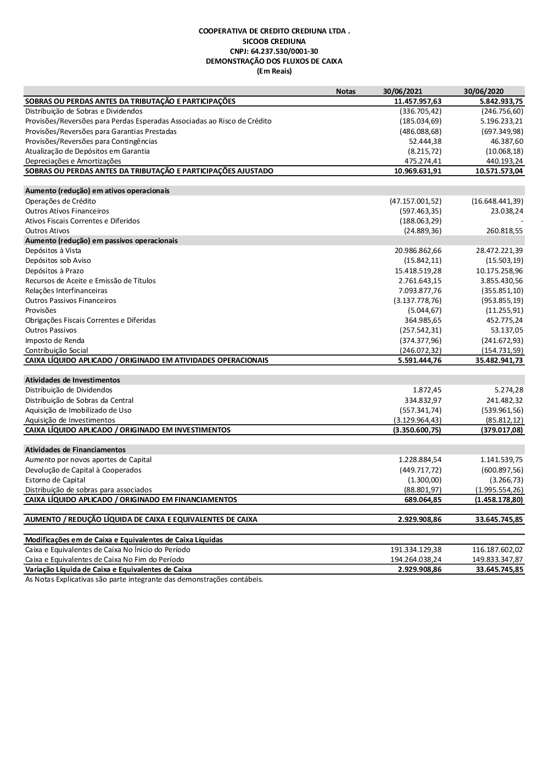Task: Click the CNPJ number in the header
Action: [x=274, y=51]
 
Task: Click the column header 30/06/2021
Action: [x=402, y=91]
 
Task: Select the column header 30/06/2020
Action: [x=483, y=91]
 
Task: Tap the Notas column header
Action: [x=345, y=91]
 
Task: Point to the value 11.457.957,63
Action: [x=418, y=101]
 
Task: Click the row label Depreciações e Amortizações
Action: [x=73, y=161]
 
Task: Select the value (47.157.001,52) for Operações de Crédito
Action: [x=416, y=201]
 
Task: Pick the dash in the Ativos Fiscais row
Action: [x=522, y=221]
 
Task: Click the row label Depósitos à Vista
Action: [x=53, y=250]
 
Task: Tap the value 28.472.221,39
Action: [x=499, y=250]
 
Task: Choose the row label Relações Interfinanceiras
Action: [x=66, y=290]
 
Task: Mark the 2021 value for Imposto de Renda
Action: [x=421, y=340]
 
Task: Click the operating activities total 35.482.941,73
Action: [x=499, y=360]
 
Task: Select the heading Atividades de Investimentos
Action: [x=72, y=380]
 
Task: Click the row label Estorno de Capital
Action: [x=55, y=480]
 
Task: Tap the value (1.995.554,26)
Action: [x=499, y=490]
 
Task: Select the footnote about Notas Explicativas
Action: [x=144, y=579]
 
